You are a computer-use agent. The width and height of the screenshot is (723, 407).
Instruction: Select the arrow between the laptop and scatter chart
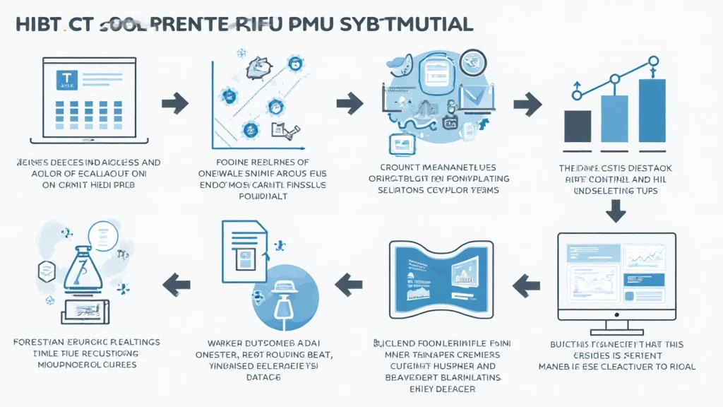pyautogui.click(x=174, y=103)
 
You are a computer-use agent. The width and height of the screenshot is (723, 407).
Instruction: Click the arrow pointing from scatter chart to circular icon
pyautogui.click(x=349, y=103)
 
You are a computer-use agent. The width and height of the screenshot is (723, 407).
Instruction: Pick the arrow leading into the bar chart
pyautogui.click(x=526, y=104)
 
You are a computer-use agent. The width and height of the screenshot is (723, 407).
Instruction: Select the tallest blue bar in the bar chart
pyautogui.click(x=651, y=110)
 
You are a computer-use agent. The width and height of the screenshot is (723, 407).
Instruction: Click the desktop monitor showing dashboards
pyautogui.click(x=616, y=276)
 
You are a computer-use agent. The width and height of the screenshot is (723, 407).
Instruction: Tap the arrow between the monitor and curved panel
pyautogui.click(x=526, y=284)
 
